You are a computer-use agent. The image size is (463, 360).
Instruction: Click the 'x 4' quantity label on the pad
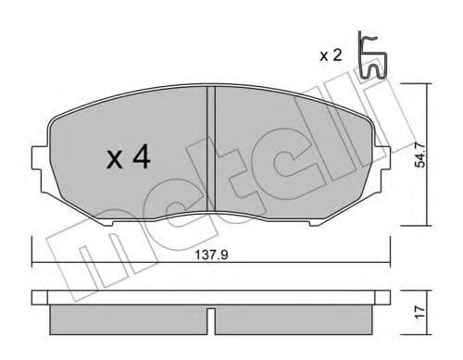point(128,158)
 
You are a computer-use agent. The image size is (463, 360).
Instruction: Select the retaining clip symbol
point(372,56)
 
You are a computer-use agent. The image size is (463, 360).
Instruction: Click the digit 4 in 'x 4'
point(142,158)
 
